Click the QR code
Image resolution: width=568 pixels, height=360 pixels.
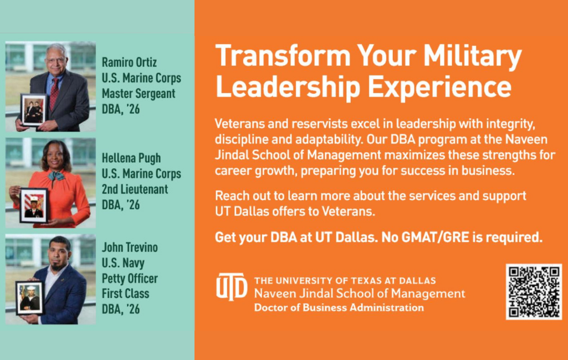534,291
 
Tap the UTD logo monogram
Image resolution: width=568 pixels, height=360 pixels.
232,287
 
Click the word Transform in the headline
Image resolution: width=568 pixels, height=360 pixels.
283,56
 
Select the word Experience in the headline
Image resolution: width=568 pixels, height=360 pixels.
439,88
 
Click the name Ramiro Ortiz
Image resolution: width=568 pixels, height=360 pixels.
129,62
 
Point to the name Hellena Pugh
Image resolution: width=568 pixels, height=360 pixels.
131,158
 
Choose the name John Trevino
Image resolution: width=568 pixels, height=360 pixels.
130,248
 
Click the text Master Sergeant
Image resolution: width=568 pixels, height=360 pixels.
139,94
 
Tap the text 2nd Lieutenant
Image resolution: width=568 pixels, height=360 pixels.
135,189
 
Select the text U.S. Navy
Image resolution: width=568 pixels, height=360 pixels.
123,263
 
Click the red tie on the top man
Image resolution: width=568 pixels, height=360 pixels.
54,94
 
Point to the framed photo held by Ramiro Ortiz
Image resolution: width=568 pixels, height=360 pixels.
34,110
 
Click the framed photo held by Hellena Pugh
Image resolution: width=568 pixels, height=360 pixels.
34,205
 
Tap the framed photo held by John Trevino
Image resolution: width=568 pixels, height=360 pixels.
30,297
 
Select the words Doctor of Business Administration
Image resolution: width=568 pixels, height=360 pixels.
339,308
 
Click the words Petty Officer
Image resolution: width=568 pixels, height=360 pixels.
130,279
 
